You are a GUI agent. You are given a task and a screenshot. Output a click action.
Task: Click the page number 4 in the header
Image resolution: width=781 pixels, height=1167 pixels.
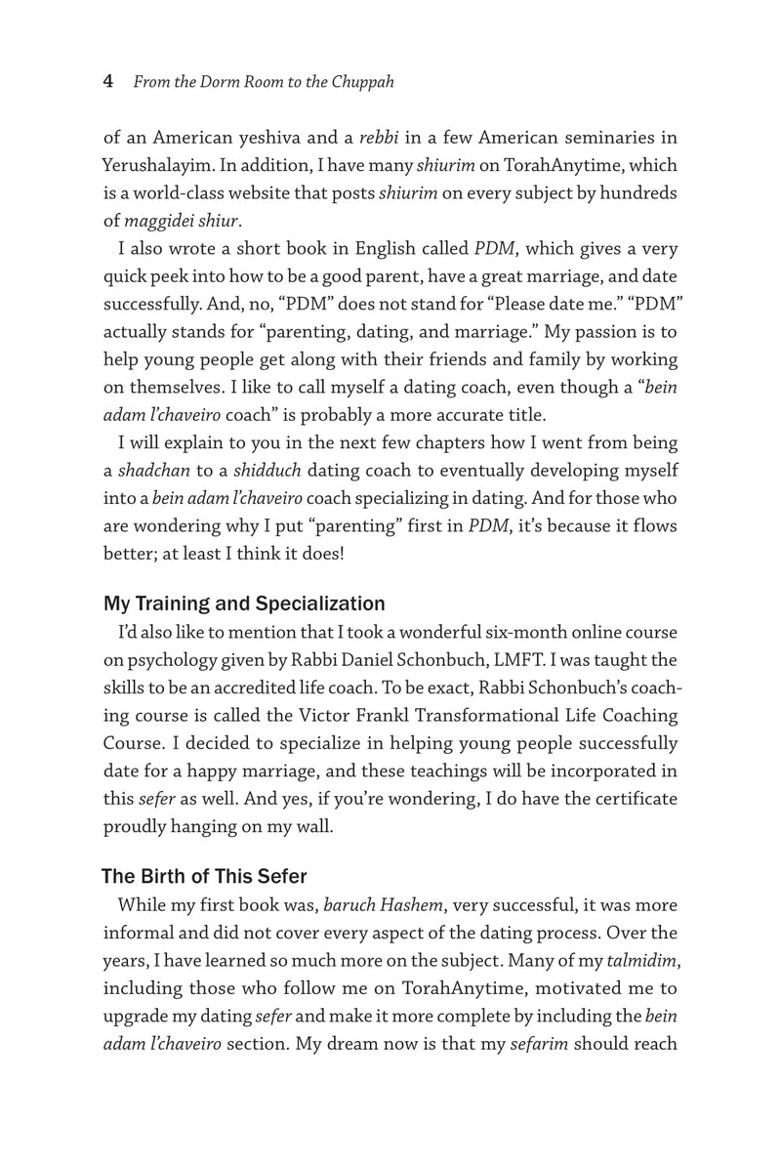point(108,83)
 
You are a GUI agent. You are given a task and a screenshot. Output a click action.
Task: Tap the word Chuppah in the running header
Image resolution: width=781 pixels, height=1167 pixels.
point(361,83)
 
